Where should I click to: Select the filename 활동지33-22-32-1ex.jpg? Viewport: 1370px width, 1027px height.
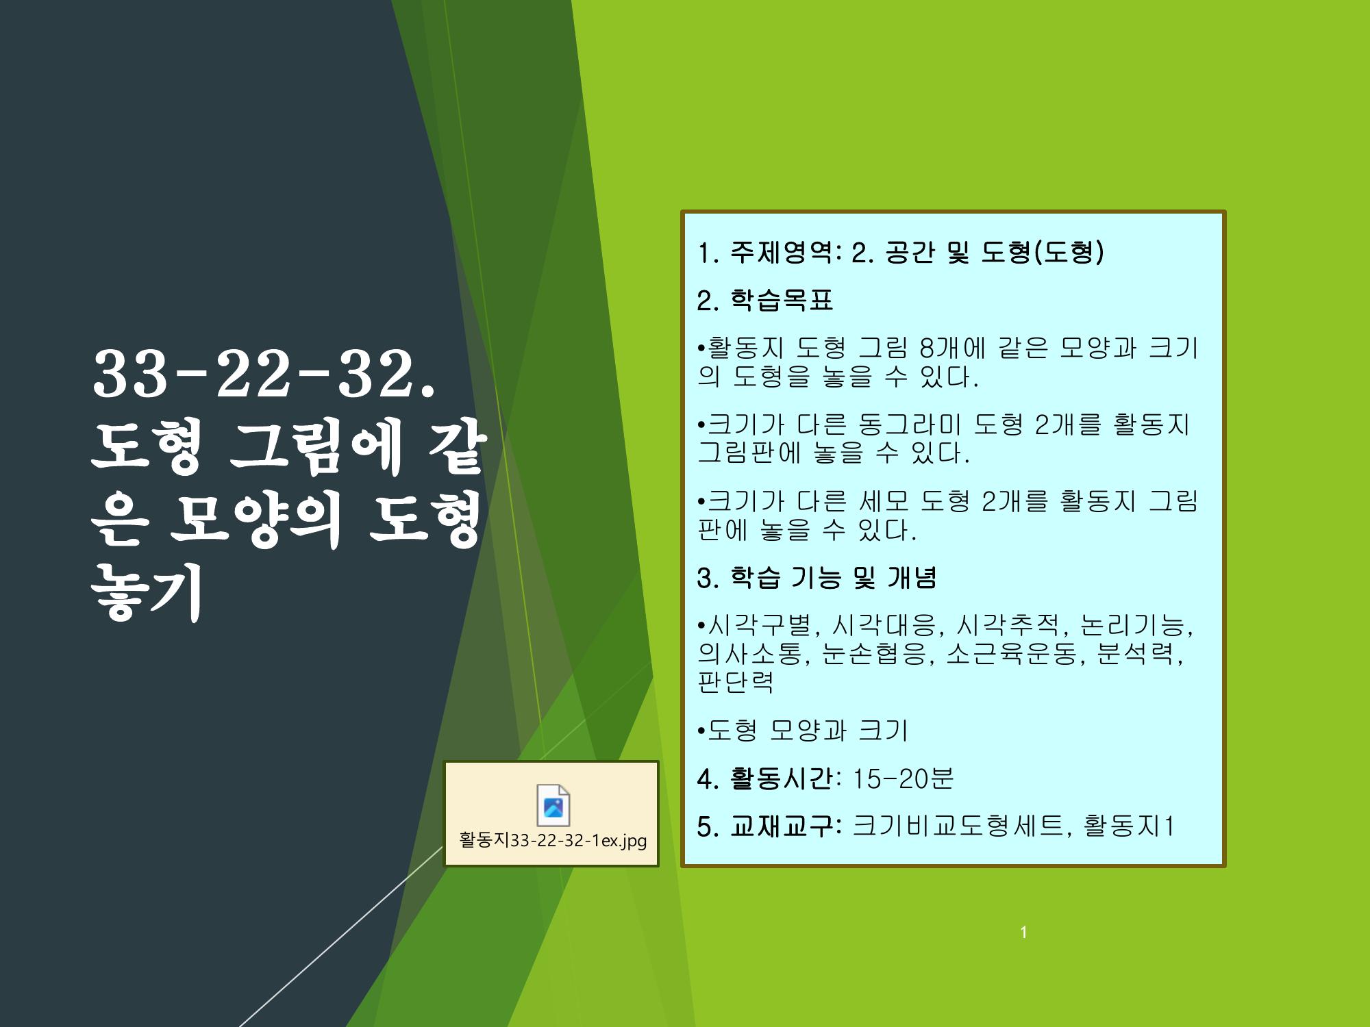point(553,840)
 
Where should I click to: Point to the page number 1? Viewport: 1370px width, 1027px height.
point(1023,932)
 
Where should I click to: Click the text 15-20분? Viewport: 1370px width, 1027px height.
point(903,778)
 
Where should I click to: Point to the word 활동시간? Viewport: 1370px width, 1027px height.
point(782,778)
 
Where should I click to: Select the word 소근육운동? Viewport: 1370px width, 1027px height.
point(1012,654)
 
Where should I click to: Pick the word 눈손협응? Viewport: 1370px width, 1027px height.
point(875,654)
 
